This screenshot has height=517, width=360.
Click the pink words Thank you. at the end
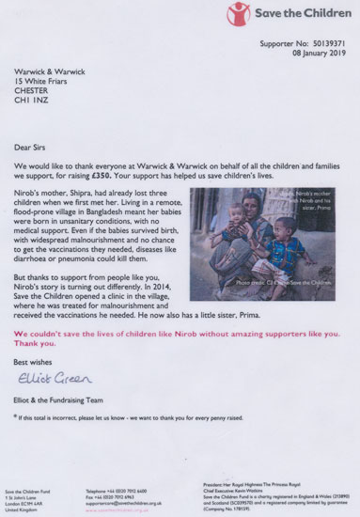pos(57,343)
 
